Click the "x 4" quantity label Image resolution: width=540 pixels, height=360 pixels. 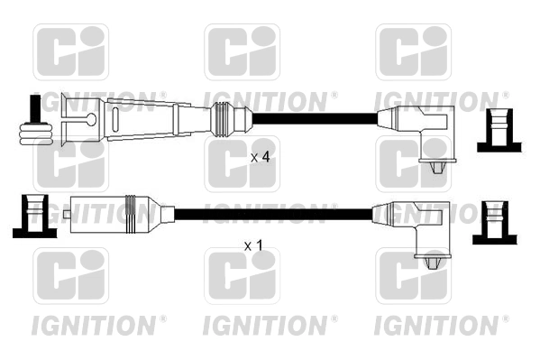click(x=260, y=158)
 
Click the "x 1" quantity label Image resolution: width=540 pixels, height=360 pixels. click(x=253, y=245)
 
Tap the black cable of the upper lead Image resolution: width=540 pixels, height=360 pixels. click(x=315, y=118)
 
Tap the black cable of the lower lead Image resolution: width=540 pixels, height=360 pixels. click(x=273, y=214)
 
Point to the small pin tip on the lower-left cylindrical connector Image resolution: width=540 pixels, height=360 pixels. click(x=67, y=214)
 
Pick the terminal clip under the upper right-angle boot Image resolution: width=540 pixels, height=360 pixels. click(x=436, y=167)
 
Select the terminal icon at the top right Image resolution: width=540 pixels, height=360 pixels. click(x=499, y=130)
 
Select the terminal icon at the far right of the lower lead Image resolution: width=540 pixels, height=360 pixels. click(x=495, y=223)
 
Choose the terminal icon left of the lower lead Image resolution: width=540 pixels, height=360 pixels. click(x=35, y=217)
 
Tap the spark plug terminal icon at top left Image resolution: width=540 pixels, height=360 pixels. click(x=35, y=120)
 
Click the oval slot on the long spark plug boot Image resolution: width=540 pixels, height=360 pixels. click(x=115, y=119)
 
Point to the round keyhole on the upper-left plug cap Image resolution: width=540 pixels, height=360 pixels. click(x=92, y=119)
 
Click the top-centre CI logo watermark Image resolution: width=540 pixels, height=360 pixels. click(x=243, y=52)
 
